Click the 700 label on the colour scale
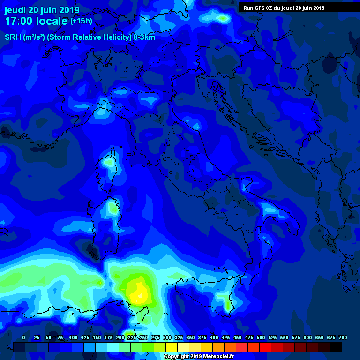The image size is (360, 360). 343,337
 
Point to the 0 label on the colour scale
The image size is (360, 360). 24,337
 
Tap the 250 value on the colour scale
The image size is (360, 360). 143,337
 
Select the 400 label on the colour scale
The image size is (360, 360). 214,337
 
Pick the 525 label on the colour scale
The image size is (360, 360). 273,337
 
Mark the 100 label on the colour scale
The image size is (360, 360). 73,337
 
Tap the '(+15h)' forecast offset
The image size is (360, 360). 81,21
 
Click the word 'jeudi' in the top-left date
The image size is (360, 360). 15,10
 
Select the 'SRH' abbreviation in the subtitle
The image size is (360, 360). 13,37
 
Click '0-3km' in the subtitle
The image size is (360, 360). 144,37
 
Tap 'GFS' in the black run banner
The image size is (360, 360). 261,7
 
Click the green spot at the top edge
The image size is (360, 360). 222,18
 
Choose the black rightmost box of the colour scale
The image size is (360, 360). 336,347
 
